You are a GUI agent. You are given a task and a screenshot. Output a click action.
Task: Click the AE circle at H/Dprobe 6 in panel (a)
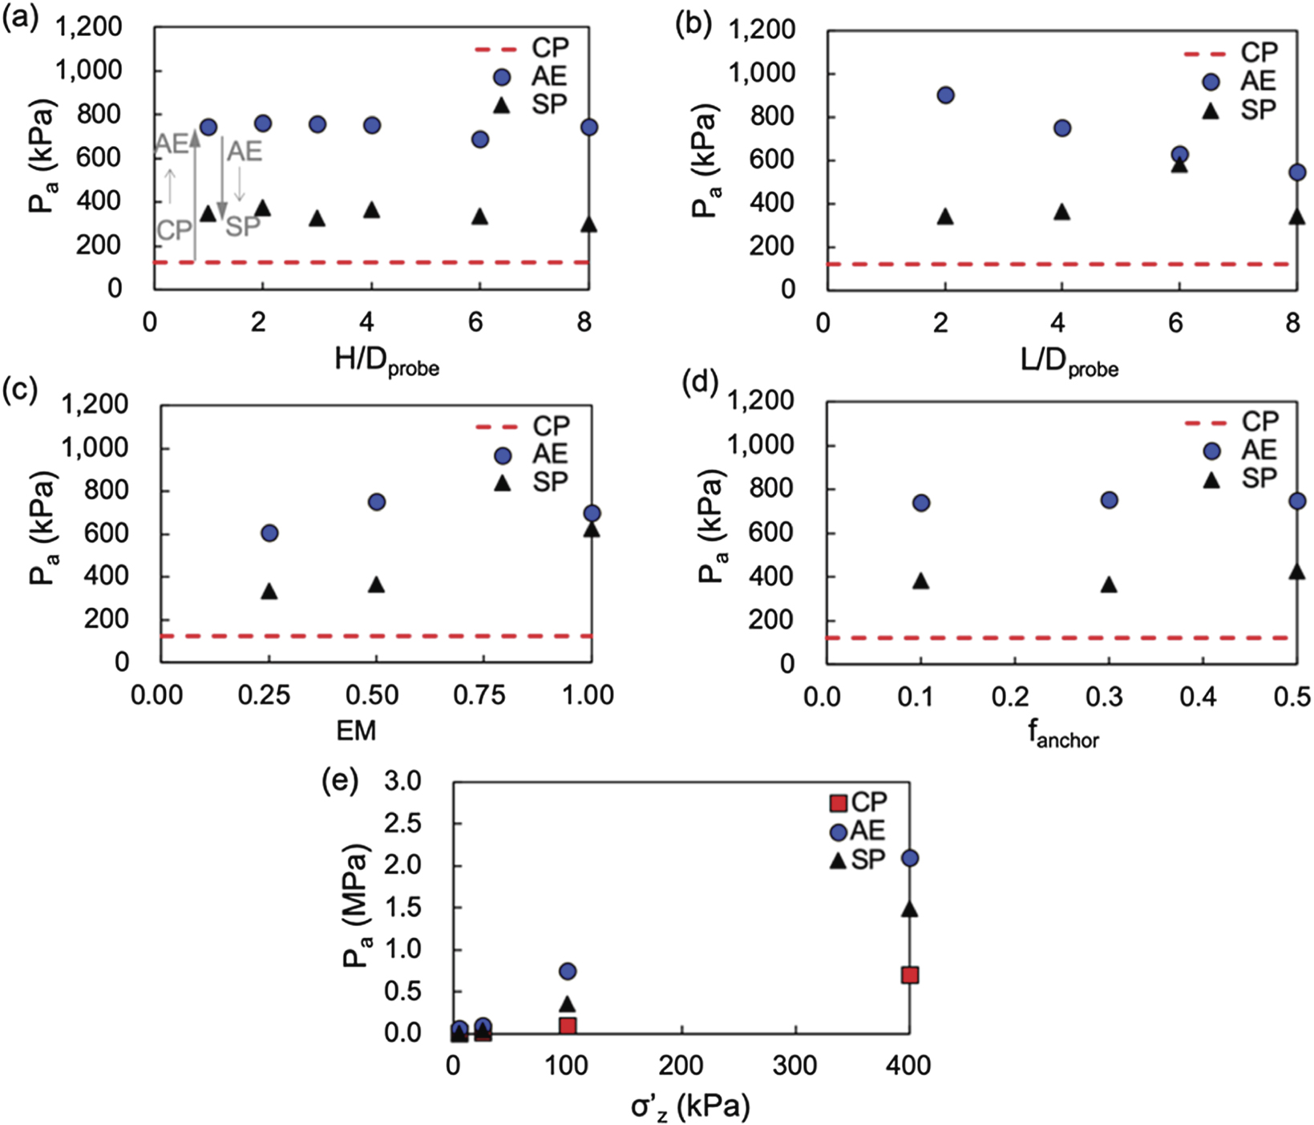[x=479, y=140]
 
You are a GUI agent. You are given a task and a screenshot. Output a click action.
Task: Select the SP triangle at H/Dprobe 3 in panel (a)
[x=317, y=218]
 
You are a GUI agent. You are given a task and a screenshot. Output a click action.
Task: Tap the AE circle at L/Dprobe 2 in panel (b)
[x=945, y=95]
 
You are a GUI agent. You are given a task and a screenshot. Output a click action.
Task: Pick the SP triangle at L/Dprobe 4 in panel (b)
[x=1061, y=212]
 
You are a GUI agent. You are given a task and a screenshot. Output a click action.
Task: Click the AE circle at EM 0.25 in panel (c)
[x=269, y=533]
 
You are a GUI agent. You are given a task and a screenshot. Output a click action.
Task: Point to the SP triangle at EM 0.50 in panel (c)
[x=376, y=585]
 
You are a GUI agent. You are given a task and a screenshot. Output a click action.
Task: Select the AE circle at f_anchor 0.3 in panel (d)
[x=1109, y=500]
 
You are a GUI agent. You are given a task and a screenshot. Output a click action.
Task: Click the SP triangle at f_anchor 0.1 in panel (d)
[x=920, y=581]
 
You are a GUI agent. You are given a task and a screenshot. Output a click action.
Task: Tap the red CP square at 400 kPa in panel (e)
[x=909, y=975]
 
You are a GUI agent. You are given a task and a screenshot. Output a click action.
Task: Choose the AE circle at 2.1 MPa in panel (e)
[x=909, y=858]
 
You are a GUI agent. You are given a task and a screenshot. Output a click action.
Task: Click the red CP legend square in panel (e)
[x=838, y=803]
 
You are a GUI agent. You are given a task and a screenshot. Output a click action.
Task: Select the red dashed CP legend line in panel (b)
[x=1205, y=54]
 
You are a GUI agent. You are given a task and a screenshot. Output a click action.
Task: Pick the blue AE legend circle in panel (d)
[x=1211, y=451]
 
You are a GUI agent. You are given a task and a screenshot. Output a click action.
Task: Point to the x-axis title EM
[x=356, y=730]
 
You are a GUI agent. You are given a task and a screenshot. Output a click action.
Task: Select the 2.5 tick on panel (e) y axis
[x=403, y=824]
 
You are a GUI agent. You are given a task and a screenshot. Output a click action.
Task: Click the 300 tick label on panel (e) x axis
[x=794, y=1066]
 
